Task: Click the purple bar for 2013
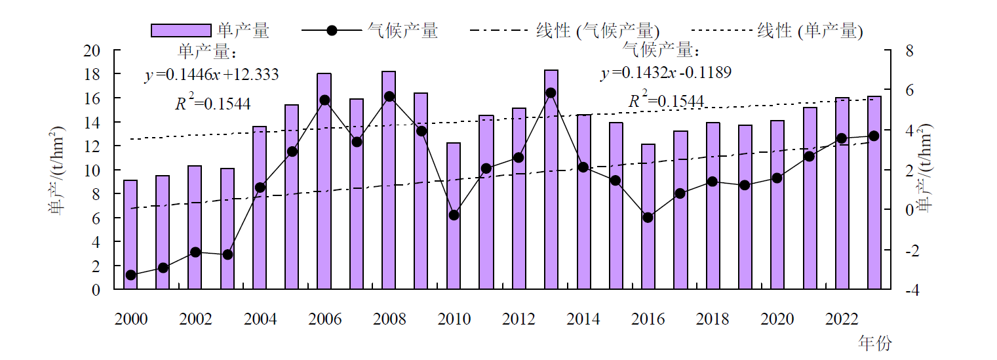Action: click(x=551, y=180)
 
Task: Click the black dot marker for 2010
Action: click(x=454, y=215)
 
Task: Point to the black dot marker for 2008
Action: click(x=389, y=96)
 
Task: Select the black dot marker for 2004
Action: click(x=260, y=188)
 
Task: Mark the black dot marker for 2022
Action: click(x=842, y=138)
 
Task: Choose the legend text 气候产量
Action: click(x=402, y=31)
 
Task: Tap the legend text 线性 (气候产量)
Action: click(x=597, y=31)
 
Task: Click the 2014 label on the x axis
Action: click(x=583, y=319)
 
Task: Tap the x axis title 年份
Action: click(x=874, y=342)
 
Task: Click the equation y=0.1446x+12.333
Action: click(x=212, y=75)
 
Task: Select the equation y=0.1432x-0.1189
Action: click(x=666, y=72)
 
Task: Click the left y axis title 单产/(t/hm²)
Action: click(x=56, y=170)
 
